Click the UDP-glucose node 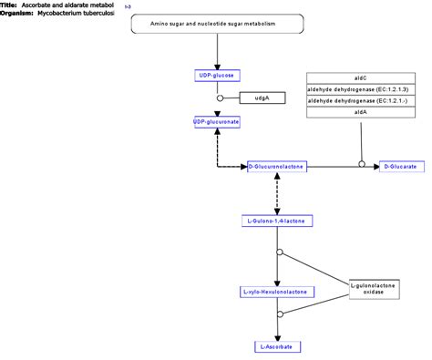click(x=217, y=76)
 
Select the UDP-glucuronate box click(x=217, y=120)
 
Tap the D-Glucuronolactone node click(x=277, y=166)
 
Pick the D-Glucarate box click(x=399, y=166)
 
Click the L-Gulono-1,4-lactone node click(x=277, y=220)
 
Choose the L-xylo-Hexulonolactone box click(x=277, y=292)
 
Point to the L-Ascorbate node click(x=277, y=346)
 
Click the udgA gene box click(x=259, y=98)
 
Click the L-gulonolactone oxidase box click(x=373, y=290)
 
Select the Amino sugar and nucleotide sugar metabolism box click(x=217, y=24)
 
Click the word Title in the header click(x=9, y=5)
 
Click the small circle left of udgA click(x=219, y=98)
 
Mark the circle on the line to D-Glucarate click(x=362, y=166)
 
